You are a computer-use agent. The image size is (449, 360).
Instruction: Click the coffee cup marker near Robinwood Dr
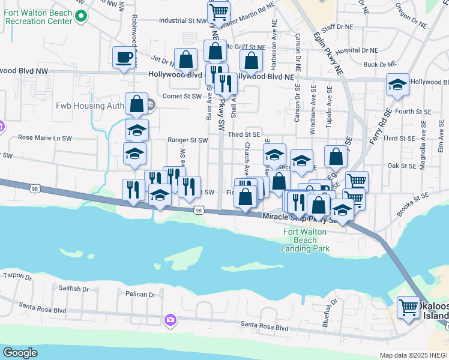[124, 58]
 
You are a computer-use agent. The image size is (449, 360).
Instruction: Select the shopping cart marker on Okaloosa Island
[409, 307]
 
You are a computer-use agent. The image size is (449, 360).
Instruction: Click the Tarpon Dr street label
[17, 276]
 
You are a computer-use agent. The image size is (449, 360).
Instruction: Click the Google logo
[20, 352]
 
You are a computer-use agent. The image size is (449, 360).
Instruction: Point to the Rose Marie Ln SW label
[45, 138]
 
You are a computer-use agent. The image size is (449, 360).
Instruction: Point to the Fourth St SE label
[414, 112]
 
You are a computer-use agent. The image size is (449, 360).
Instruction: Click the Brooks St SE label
[413, 204]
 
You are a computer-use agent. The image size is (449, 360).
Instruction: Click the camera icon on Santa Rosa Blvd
[171, 320]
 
